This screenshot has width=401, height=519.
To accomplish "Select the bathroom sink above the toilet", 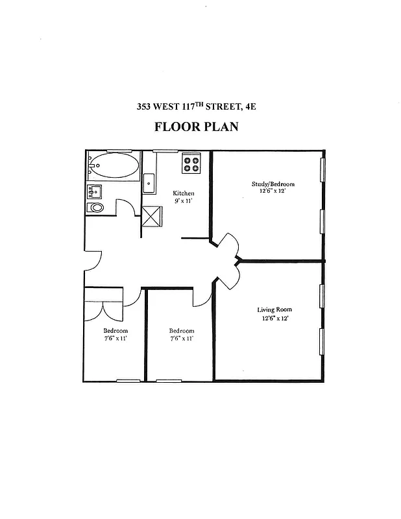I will (95, 191).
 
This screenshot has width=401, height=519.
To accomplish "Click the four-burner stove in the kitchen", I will (191, 163).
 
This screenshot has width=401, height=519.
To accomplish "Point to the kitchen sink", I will (149, 183).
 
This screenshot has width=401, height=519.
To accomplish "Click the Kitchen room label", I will (183, 193).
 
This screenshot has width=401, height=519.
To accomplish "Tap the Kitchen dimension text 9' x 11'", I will (183, 201).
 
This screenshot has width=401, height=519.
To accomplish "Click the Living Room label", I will (274, 309).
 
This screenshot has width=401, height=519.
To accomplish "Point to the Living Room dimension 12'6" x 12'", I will (274, 318).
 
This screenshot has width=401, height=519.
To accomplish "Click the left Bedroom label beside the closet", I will (115, 330).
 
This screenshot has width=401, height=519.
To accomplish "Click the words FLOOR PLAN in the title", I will (196, 127).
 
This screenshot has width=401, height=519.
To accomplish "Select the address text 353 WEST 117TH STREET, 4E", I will (196, 106).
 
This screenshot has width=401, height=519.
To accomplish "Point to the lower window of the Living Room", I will (322, 342).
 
